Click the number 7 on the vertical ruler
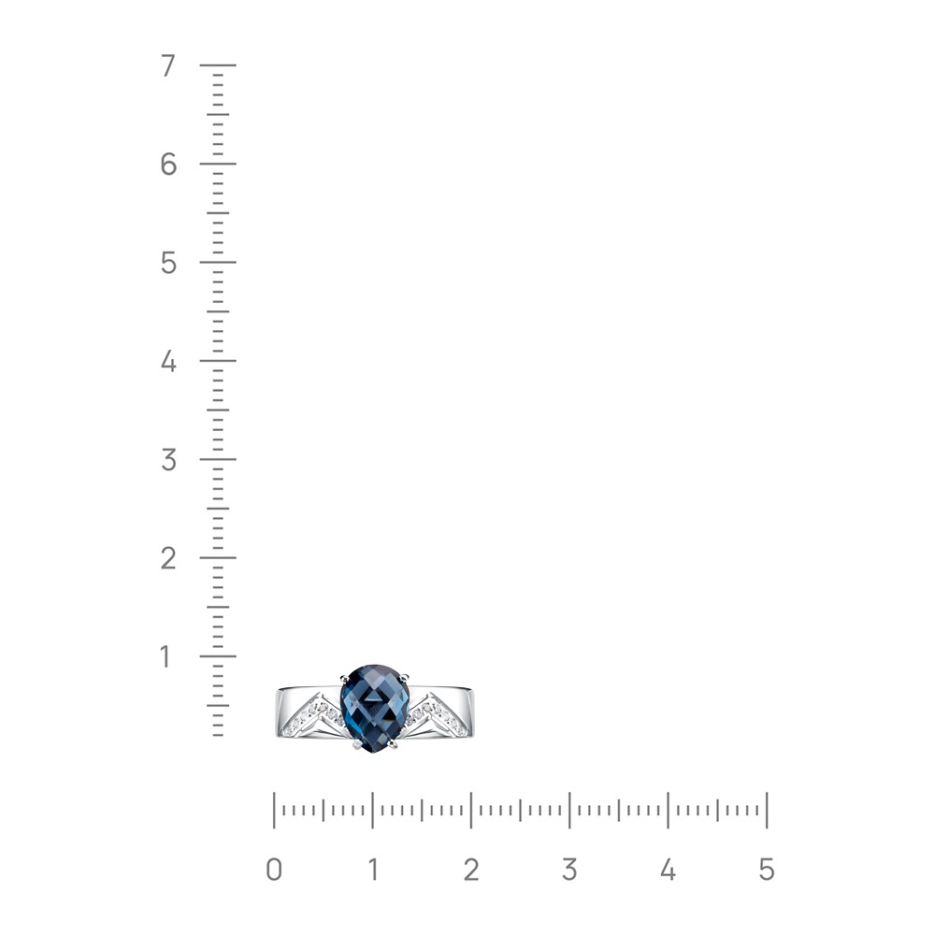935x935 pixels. pos(168,65)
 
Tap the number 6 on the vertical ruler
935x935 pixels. pos(168,164)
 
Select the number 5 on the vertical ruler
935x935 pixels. pos(168,263)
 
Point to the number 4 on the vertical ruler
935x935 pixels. pos(168,361)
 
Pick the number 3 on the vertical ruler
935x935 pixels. pos(168,460)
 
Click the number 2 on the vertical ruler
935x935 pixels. pos(168,558)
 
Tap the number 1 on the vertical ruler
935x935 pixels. pos(165,656)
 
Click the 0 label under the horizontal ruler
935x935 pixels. pos(274,870)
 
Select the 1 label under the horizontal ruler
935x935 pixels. pos(373,870)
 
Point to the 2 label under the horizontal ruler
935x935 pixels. pos(471,870)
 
